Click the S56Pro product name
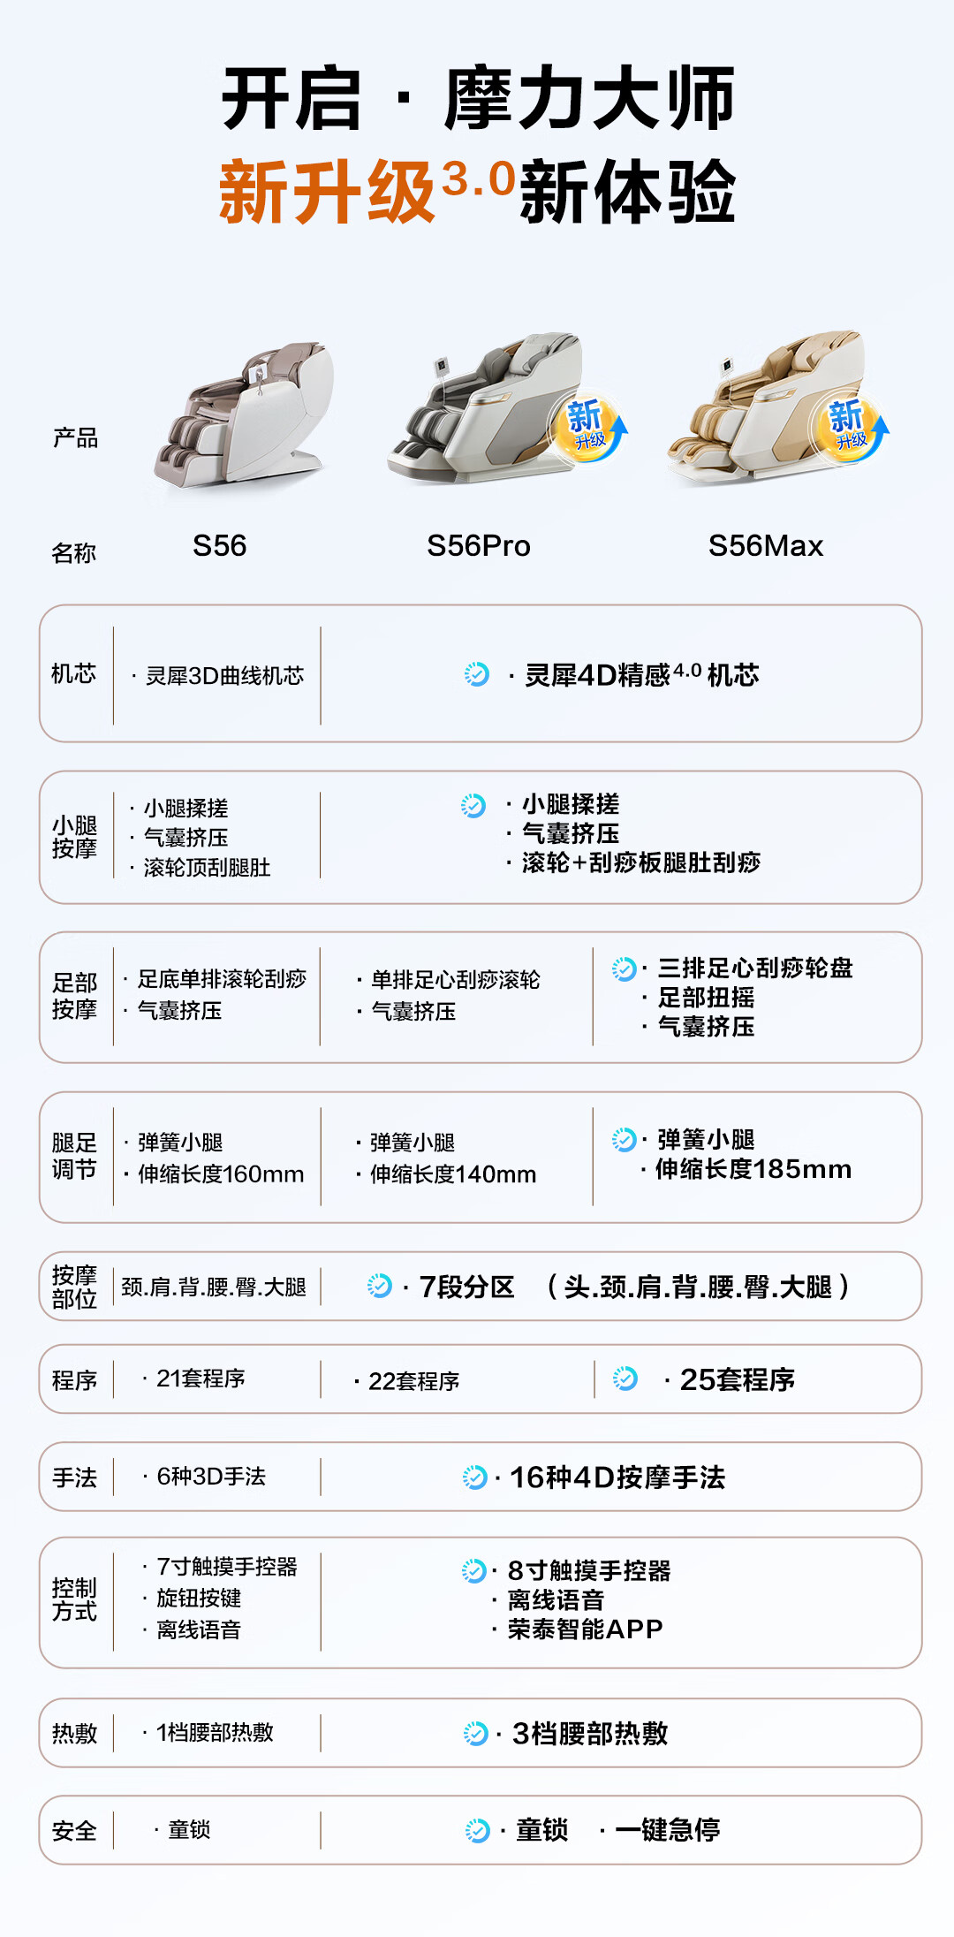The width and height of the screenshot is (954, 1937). (x=478, y=546)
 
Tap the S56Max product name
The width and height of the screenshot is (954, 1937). (x=765, y=546)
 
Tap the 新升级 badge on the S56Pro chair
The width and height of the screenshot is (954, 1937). (x=587, y=426)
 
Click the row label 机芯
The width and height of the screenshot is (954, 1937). (x=73, y=673)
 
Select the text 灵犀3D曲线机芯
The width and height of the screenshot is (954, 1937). (x=224, y=676)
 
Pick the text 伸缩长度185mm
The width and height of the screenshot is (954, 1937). (x=753, y=1169)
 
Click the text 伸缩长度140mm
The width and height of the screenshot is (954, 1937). (x=452, y=1174)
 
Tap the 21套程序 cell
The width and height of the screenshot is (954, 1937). (x=201, y=1379)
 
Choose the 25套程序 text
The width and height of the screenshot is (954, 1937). (x=737, y=1379)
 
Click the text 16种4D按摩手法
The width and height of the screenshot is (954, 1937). (x=617, y=1477)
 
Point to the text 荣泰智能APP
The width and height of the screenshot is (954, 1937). (x=585, y=1629)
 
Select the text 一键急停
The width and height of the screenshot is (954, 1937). (x=667, y=1829)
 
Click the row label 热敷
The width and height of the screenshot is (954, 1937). (x=74, y=1733)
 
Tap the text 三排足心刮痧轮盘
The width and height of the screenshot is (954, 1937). (x=755, y=968)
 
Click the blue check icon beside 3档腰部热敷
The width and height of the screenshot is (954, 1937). (x=475, y=1733)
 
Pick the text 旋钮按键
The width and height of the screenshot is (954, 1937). (x=199, y=1598)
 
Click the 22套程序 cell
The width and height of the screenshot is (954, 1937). (x=413, y=1381)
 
